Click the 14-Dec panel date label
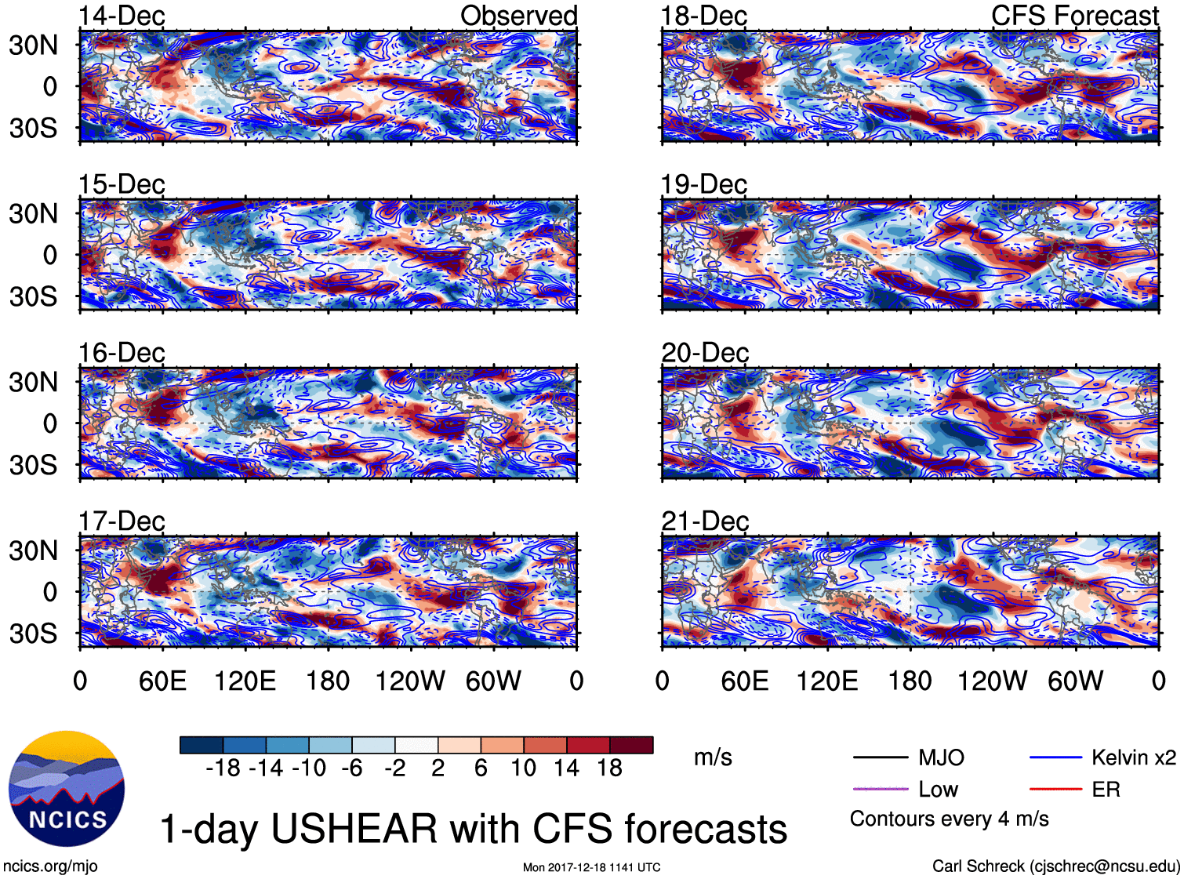click(x=122, y=16)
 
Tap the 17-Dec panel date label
click(x=122, y=521)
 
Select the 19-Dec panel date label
click(x=704, y=184)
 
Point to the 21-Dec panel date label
click(x=705, y=521)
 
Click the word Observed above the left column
click(x=518, y=16)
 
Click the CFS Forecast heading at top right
click(x=1074, y=16)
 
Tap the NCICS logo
click(x=67, y=788)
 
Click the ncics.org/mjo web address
click(x=50, y=866)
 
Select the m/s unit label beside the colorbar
click(x=713, y=757)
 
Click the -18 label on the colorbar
click(x=223, y=768)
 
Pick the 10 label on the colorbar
click(x=524, y=768)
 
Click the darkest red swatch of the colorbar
click(x=631, y=745)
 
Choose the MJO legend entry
click(x=941, y=757)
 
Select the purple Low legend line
click(x=880, y=789)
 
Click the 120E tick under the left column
click(x=245, y=681)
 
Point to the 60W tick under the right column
click(x=1075, y=681)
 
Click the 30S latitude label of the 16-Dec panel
click(x=33, y=465)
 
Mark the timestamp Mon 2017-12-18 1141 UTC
click(x=591, y=867)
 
